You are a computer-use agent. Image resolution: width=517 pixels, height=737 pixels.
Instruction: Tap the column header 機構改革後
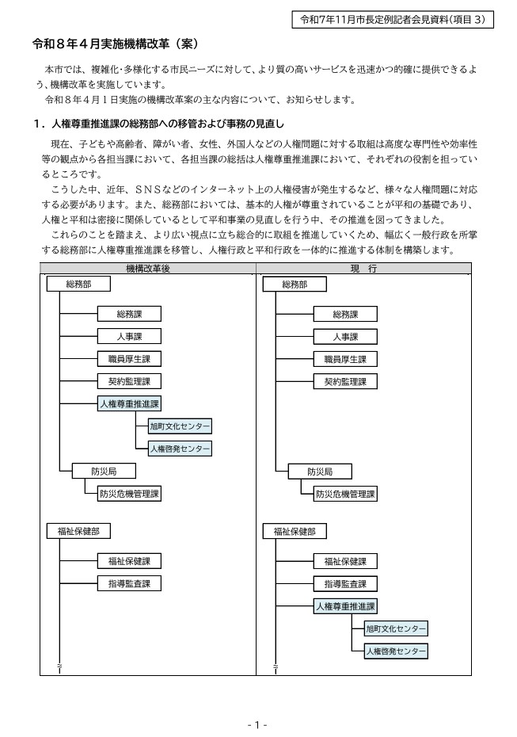pyautogui.click(x=147, y=269)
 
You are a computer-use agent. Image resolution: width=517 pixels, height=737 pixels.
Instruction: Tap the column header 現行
pyautogui.click(x=363, y=269)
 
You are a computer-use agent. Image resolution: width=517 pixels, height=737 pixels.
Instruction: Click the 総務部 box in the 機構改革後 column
pyautogui.click(x=78, y=284)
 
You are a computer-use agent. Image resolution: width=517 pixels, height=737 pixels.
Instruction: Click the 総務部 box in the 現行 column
pyautogui.click(x=294, y=284)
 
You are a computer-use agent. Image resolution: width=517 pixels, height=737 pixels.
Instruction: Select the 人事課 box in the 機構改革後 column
pyautogui.click(x=129, y=336)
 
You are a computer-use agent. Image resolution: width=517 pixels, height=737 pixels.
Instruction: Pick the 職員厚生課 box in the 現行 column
pyautogui.click(x=345, y=359)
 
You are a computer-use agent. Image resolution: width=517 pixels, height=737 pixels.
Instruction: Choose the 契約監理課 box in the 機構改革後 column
pyautogui.click(x=129, y=381)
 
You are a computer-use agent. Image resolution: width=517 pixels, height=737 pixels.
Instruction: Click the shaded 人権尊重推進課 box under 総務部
pyautogui.click(x=129, y=403)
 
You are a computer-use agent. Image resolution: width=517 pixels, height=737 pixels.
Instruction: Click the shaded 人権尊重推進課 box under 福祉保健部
pyautogui.click(x=345, y=606)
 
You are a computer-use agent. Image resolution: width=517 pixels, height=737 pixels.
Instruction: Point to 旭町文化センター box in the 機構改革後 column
pyautogui.click(x=181, y=426)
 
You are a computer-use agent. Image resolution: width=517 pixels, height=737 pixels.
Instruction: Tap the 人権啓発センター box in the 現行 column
pyautogui.click(x=397, y=651)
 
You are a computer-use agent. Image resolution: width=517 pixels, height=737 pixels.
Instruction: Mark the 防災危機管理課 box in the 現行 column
pyautogui.click(x=345, y=494)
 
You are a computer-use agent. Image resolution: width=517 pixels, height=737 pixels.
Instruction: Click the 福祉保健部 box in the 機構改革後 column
pyautogui.click(x=78, y=531)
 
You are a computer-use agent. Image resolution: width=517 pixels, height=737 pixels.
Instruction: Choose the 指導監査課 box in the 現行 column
pyautogui.click(x=345, y=584)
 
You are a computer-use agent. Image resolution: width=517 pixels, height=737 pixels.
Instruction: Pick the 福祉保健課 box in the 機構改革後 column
pyautogui.click(x=129, y=561)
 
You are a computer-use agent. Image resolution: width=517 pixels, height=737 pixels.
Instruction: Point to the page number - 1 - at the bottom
pyautogui.click(x=258, y=725)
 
